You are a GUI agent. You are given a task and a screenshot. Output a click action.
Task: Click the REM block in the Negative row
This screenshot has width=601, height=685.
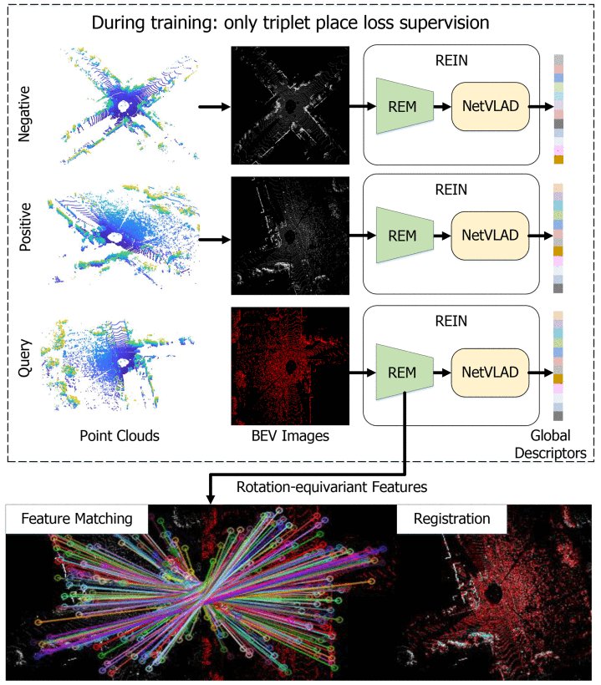(x=405, y=106)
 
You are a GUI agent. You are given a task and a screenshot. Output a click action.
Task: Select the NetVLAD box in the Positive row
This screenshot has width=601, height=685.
(x=490, y=236)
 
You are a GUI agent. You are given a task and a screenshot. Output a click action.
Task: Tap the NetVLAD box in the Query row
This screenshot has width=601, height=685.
(x=490, y=373)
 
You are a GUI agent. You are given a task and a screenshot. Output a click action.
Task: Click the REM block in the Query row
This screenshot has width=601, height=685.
(x=405, y=373)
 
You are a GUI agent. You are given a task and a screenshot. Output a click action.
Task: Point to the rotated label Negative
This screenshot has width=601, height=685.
(x=24, y=114)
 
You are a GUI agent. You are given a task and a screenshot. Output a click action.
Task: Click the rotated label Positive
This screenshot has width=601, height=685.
(x=25, y=226)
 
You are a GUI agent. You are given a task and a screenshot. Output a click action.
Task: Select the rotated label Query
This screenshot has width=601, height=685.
(x=25, y=358)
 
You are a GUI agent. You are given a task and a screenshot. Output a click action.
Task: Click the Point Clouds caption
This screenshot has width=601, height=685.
(x=120, y=435)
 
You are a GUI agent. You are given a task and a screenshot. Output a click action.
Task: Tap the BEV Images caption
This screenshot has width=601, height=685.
(x=290, y=435)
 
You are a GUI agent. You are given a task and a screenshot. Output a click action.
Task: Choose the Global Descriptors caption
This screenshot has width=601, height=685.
(x=550, y=444)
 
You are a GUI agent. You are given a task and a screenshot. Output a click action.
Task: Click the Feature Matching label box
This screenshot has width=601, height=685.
(x=77, y=519)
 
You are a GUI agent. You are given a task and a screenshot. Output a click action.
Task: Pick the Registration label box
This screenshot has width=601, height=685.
(x=451, y=519)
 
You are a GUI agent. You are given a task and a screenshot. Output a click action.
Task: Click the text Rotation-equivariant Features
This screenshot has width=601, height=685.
(x=332, y=487)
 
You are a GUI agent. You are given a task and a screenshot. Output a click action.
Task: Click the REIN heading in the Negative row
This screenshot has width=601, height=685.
(x=451, y=60)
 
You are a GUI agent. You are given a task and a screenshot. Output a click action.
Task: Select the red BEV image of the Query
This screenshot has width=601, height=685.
(x=290, y=366)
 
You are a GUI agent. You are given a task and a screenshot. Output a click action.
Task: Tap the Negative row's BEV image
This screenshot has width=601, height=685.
(x=290, y=105)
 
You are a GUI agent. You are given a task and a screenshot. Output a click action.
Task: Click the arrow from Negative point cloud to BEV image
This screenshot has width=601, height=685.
(x=214, y=106)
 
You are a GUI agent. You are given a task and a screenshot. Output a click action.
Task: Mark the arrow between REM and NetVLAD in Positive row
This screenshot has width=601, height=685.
(x=442, y=236)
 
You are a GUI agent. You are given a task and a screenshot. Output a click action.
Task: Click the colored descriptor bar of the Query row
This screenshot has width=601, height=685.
(x=558, y=366)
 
